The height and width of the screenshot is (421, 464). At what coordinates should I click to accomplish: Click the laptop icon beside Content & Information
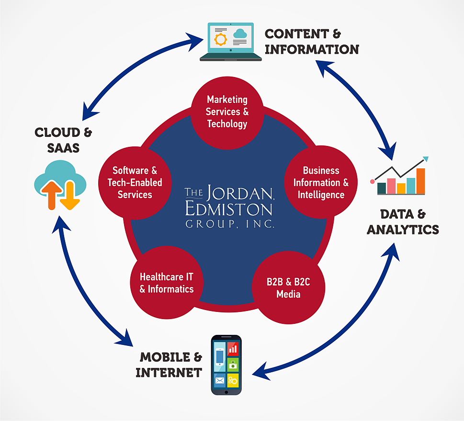tap(230, 42)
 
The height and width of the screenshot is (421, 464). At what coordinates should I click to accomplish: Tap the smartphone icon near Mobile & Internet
tap(226, 365)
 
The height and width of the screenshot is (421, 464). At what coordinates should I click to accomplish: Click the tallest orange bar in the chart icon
tap(420, 181)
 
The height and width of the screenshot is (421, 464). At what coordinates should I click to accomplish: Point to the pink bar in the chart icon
tap(391, 186)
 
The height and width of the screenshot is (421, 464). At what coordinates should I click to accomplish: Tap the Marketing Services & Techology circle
tap(227, 112)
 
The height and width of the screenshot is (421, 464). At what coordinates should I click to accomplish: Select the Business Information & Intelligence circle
tap(321, 182)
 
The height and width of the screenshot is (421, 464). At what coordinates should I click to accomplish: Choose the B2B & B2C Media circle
tap(288, 288)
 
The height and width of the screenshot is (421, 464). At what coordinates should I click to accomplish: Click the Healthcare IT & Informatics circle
tap(166, 283)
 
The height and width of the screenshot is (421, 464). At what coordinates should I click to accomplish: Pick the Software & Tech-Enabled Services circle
tap(135, 182)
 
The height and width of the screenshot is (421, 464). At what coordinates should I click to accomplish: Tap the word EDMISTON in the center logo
tap(228, 209)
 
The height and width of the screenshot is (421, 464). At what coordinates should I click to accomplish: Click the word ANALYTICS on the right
tap(403, 230)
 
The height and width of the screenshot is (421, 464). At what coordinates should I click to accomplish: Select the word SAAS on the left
tap(63, 148)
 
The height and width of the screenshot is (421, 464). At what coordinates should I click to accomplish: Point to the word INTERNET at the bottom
tap(169, 372)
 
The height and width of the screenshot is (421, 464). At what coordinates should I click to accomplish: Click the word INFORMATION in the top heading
tap(311, 49)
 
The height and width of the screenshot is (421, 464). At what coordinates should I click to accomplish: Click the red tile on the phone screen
tap(233, 348)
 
